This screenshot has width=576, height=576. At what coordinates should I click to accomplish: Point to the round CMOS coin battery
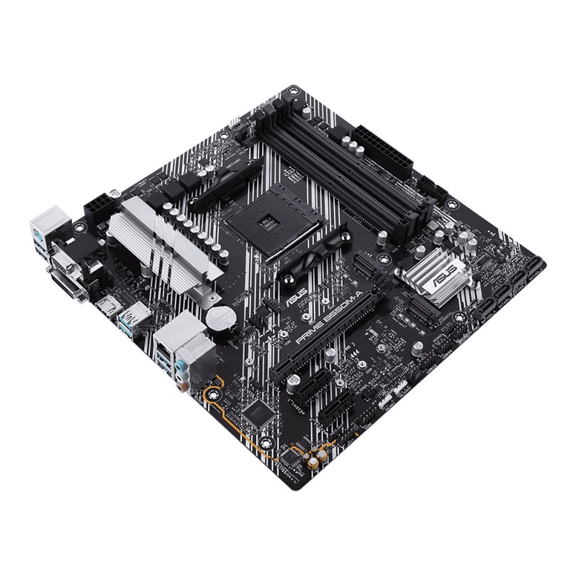pos(217,318)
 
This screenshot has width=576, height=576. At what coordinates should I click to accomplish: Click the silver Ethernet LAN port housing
pos(171,328)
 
